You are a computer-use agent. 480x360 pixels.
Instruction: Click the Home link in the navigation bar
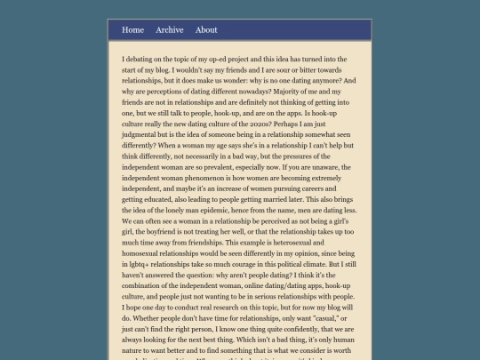tap(132, 30)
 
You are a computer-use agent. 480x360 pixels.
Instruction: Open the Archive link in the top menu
tap(169, 30)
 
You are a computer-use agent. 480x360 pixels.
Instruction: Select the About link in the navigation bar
tap(206, 30)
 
